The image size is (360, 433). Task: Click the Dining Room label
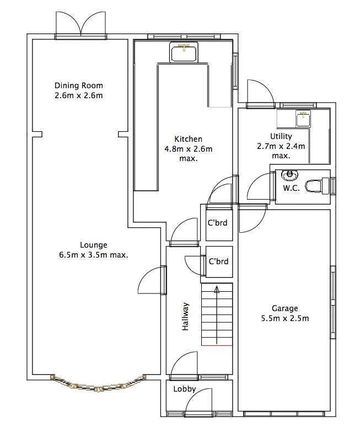79,85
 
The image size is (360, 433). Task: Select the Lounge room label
94,245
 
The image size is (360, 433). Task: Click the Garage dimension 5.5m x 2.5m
284,318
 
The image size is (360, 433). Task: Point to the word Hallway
186,317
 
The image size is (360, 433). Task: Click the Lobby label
184,388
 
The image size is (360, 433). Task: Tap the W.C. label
291,188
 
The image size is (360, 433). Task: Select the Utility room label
281,136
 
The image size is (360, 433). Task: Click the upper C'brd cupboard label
217,223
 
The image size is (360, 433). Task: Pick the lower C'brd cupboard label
218,261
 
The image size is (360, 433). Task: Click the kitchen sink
184,53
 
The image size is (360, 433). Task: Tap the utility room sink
302,119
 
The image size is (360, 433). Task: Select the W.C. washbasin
289,176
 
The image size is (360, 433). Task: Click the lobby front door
199,403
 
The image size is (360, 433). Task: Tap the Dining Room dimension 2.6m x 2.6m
79,95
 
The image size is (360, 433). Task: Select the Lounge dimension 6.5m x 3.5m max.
94,255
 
